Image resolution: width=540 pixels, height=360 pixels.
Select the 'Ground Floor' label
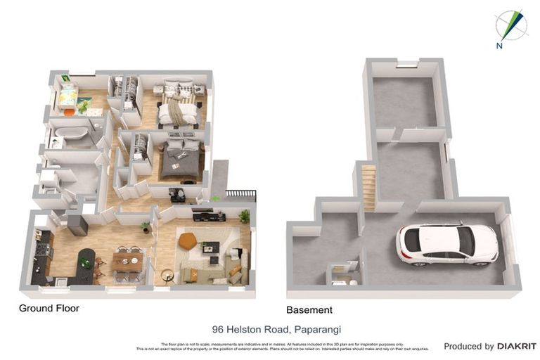49,308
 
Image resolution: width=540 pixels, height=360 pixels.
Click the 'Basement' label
309,309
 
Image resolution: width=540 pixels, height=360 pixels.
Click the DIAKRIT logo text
517,346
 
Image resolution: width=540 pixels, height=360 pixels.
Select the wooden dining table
127,260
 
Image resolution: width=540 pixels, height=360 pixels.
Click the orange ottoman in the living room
188,240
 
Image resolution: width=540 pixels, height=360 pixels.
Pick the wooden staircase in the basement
368,186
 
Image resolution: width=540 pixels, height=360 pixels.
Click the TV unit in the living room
209,217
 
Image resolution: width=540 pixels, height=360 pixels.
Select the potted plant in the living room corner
244,216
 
